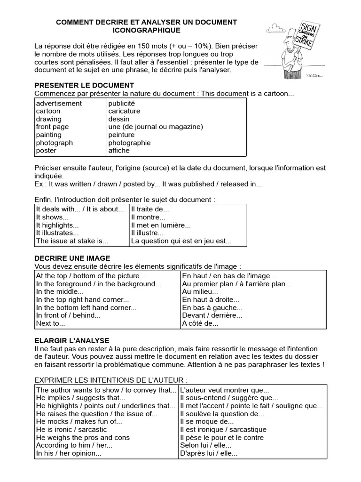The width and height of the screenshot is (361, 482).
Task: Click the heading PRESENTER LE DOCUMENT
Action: click(x=84, y=85)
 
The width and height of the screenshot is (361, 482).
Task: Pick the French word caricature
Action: click(x=124, y=111)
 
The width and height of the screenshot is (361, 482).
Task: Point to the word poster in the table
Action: click(x=46, y=151)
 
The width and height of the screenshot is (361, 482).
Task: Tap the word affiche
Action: click(x=119, y=151)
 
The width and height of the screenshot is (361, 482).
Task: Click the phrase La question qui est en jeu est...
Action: click(x=181, y=241)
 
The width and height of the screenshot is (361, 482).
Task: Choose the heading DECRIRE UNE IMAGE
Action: click(x=72, y=258)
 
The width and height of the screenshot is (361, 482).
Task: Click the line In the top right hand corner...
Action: click(x=82, y=299)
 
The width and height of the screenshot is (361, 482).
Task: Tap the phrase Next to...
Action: click(x=50, y=323)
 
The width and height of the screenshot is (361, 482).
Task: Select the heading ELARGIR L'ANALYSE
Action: click(x=72, y=340)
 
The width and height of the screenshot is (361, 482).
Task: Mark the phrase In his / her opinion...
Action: click(x=69, y=453)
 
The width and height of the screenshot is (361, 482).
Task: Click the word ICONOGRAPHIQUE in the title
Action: click(x=147, y=30)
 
